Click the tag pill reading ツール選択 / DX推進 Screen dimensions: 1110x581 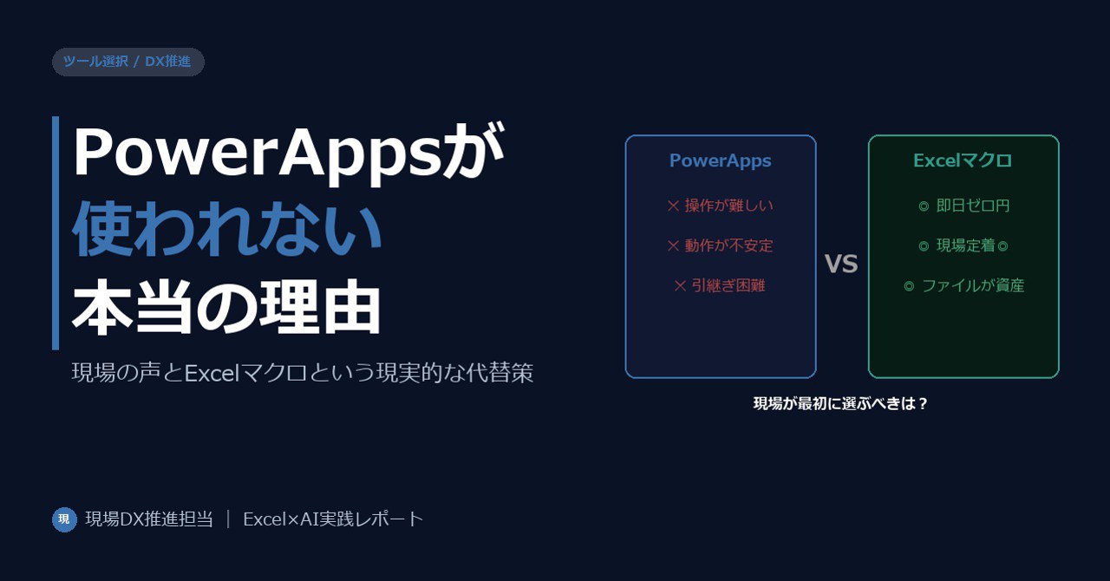(128, 62)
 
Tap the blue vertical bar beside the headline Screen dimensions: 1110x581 (55, 233)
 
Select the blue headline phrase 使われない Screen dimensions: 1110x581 (227, 229)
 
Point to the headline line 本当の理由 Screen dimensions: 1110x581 (226, 306)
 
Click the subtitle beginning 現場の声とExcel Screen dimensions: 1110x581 (303, 373)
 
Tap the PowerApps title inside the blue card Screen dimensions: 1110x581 (721, 160)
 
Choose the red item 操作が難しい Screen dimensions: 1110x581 (720, 206)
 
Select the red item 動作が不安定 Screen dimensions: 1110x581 (720, 245)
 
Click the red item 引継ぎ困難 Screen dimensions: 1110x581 (720, 285)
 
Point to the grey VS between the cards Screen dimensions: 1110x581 (841, 264)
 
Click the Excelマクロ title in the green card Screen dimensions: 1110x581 (963, 160)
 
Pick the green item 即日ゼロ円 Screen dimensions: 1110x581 (963, 206)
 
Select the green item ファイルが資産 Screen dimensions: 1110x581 (963, 285)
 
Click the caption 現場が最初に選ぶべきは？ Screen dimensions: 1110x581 (840, 403)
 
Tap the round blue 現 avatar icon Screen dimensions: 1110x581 (64, 519)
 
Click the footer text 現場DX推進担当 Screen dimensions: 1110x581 (149, 519)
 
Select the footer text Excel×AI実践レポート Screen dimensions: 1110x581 (333, 519)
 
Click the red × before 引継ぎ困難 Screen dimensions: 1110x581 (680, 285)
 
